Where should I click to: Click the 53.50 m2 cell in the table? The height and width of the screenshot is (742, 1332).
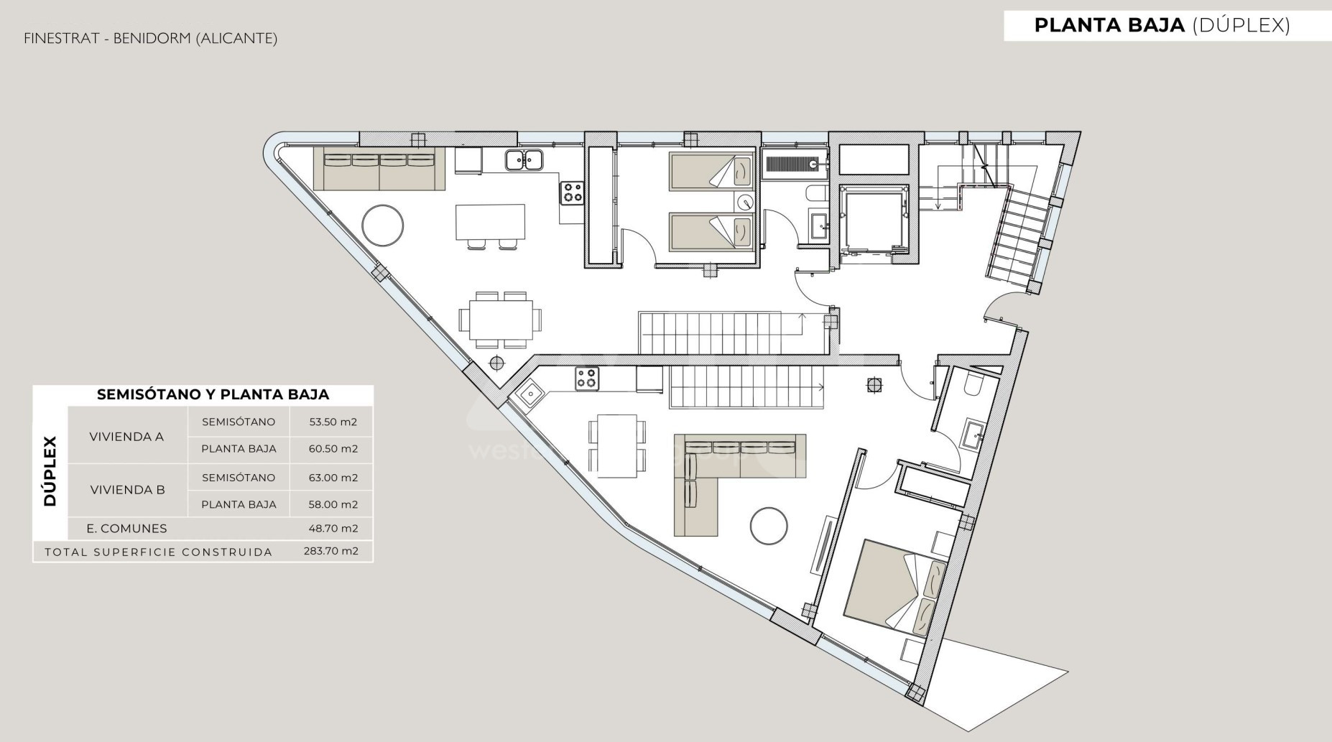tap(333, 422)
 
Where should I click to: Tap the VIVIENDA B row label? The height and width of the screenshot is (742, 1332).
tap(127, 490)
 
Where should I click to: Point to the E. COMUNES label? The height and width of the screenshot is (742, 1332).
tap(126, 528)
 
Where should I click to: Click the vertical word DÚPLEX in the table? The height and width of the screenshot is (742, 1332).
tap(50, 470)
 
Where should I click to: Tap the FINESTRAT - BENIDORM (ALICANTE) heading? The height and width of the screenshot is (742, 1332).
tap(150, 38)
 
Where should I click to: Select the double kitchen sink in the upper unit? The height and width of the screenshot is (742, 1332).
tap(523, 159)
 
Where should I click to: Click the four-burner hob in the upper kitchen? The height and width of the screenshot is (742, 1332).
tap(573, 193)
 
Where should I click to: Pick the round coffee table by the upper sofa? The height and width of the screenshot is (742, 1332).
tap(383, 226)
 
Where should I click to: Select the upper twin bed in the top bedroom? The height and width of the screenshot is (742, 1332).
tap(711, 171)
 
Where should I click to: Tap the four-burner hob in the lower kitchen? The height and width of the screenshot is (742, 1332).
tap(587, 379)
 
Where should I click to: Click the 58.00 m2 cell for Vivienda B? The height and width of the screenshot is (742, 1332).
tap(333, 504)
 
